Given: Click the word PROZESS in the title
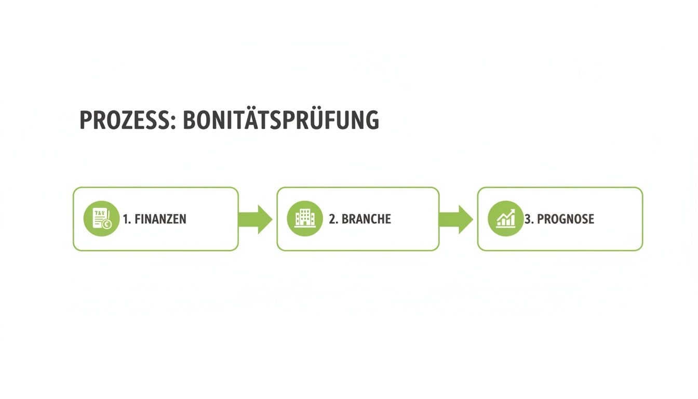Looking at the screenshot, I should [x=124, y=120].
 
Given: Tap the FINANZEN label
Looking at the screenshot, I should [x=160, y=219].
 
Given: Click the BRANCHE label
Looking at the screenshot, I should [x=366, y=219].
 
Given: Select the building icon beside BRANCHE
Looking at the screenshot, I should [x=304, y=219].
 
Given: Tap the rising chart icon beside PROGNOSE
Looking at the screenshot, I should [x=505, y=219].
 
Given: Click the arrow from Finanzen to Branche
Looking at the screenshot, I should [x=256, y=219].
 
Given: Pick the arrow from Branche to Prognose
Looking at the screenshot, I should [x=456, y=219].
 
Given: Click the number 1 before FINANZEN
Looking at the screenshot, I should [x=126, y=219].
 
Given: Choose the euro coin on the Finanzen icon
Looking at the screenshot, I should [x=107, y=224].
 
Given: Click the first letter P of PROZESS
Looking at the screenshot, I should [x=86, y=121].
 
